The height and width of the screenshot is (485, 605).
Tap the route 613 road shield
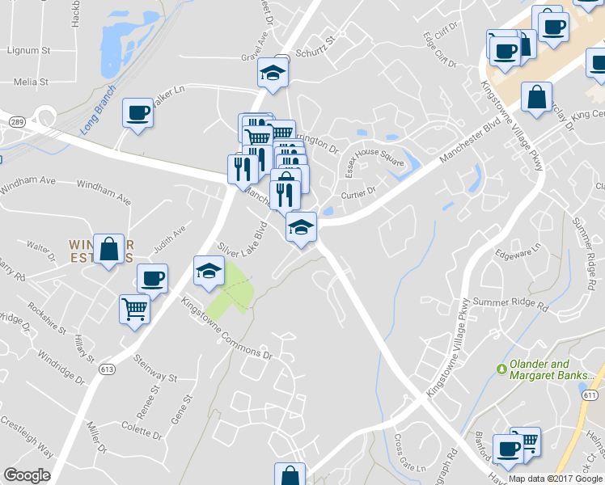(108, 369)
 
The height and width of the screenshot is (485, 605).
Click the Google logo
(27, 474)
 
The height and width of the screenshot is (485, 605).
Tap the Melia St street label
(31, 82)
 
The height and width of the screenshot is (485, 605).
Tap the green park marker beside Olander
(501, 369)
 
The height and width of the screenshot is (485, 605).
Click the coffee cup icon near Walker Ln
(137, 112)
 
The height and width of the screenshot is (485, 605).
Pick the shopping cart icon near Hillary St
(134, 308)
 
